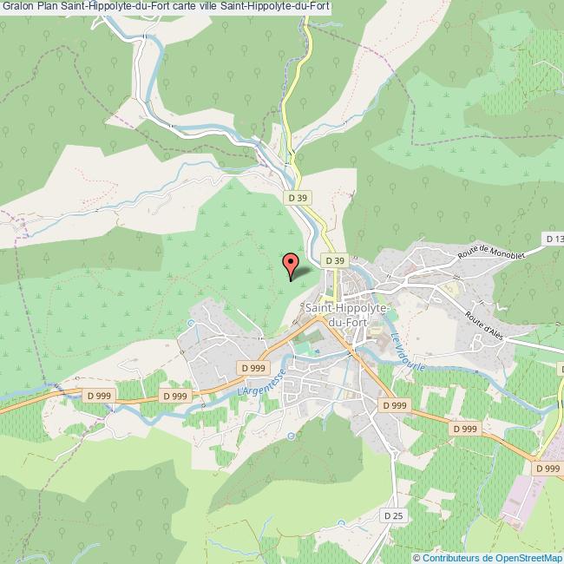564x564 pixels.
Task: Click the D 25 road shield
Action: point(393,515)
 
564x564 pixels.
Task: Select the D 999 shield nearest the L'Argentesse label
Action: point(253,368)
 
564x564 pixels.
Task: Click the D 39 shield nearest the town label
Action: point(335,259)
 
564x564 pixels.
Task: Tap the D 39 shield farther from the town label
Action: point(297,198)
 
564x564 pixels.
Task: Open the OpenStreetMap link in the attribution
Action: point(528,557)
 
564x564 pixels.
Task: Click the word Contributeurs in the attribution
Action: point(451,557)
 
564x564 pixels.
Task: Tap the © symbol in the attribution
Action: point(416,557)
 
